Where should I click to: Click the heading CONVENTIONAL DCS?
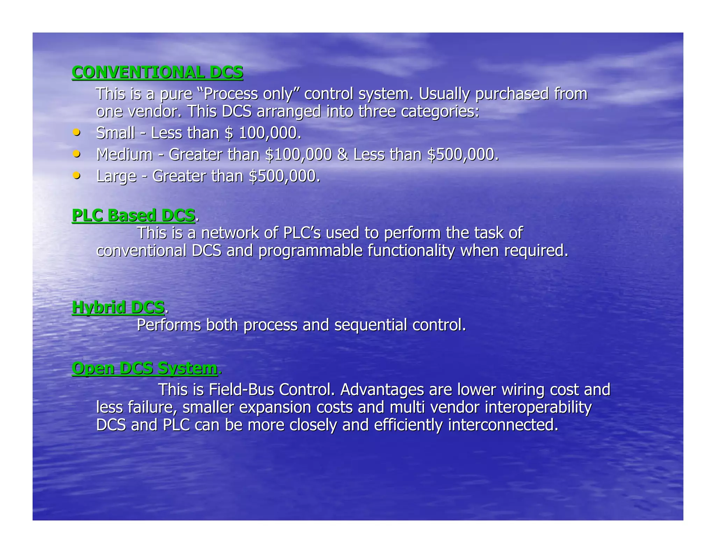click(157, 72)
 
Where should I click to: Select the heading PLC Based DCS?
click(133, 215)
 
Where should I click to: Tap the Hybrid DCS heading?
click(118, 307)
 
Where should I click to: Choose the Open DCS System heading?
click(144, 368)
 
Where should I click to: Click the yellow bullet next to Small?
click(76, 133)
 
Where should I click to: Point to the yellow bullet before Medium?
click(76, 154)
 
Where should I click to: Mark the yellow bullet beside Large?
click(76, 175)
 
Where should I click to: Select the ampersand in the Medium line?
click(342, 155)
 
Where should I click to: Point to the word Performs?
click(169, 325)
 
